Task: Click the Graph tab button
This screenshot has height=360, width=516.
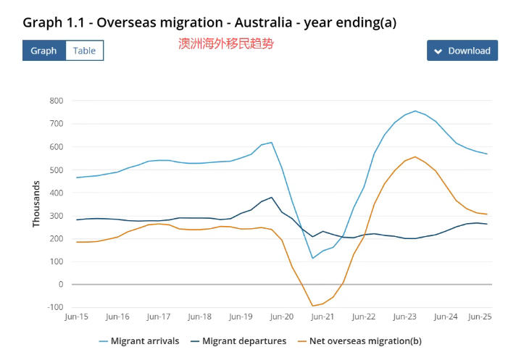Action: tap(43, 51)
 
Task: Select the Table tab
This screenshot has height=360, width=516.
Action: tap(85, 51)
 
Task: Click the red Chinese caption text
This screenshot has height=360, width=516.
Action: tap(226, 43)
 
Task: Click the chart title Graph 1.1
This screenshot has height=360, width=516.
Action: tap(209, 22)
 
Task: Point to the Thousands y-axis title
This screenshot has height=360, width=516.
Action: tap(36, 204)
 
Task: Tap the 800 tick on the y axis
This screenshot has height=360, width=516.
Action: tap(57, 101)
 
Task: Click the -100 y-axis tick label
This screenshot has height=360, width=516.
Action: tap(54, 307)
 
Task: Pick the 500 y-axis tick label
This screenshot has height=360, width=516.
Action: tap(57, 169)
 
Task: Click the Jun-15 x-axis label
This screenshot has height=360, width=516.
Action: tap(77, 317)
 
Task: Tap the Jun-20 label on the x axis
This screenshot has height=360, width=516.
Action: tap(282, 317)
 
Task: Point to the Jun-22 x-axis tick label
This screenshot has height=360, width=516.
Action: tap(364, 317)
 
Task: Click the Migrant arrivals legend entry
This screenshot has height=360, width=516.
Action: tap(139, 341)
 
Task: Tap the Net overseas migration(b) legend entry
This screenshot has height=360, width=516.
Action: tap(359, 341)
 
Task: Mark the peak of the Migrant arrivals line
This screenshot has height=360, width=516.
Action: tap(415, 111)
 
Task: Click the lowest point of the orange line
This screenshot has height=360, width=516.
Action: tap(313, 306)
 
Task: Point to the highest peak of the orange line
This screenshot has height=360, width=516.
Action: tap(415, 156)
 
